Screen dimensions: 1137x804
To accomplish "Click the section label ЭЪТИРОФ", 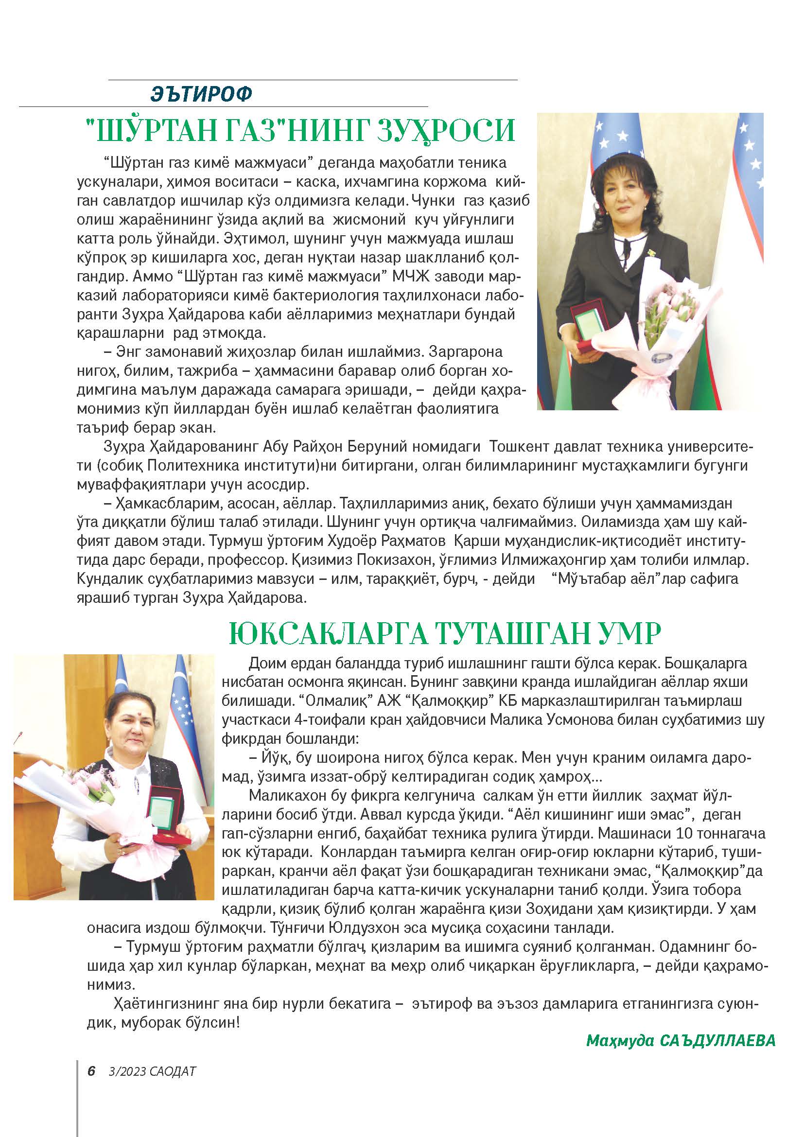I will (202, 93).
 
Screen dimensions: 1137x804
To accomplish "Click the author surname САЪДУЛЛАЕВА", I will (717, 1040).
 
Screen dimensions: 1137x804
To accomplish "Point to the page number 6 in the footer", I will (91, 1071).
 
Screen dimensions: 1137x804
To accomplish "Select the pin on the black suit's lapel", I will (654, 252).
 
